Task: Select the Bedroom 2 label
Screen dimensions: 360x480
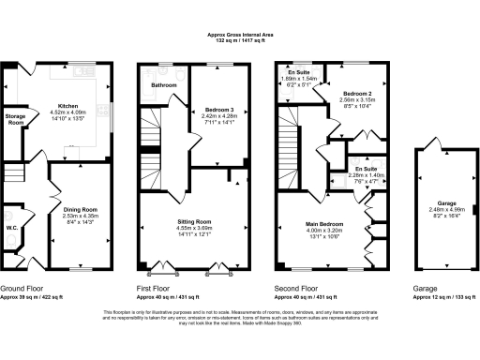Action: pos(358,95)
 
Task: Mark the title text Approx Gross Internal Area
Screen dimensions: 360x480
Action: pos(239,34)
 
